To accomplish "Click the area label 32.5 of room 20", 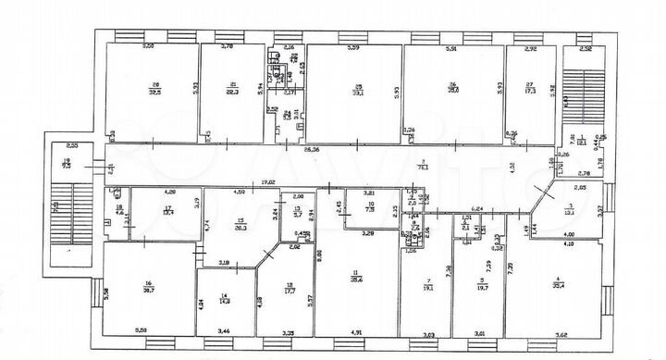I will [154, 93].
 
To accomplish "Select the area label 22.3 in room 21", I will [234, 93].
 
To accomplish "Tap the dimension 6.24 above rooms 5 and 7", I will [478, 210].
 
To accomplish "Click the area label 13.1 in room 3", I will [572, 210].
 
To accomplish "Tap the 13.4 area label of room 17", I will [168, 211].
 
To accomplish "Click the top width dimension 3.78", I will [227, 46].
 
